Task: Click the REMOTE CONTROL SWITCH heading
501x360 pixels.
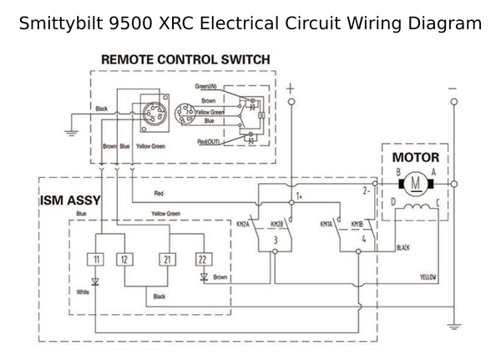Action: pyautogui.click(x=185, y=60)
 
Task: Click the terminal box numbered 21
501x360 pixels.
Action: pyautogui.click(x=168, y=260)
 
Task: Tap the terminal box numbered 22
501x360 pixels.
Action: pyautogui.click(x=202, y=260)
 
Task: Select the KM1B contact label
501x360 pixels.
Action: pyautogui.click(x=357, y=225)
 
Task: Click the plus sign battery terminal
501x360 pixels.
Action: pyautogui.click(x=291, y=87)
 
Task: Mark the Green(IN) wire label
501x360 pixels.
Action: pyautogui.click(x=207, y=87)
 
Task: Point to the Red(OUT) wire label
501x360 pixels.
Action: pyautogui.click(x=208, y=142)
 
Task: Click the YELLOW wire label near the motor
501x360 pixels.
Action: pyautogui.click(x=429, y=275)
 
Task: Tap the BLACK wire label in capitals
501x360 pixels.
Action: pyautogui.click(x=402, y=248)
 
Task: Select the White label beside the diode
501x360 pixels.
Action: pyautogui.click(x=81, y=292)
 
